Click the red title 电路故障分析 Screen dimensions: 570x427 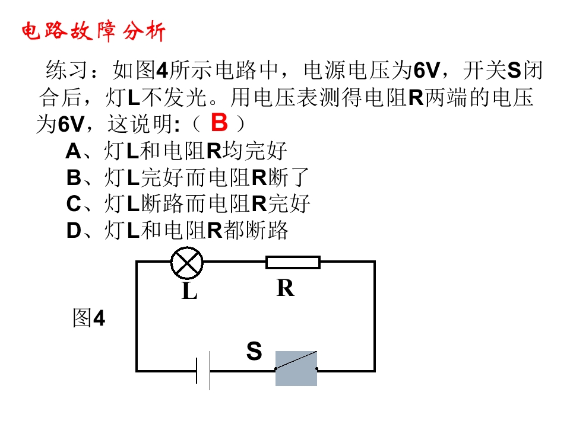[x=94, y=31]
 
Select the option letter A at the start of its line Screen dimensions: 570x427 [x=74, y=151]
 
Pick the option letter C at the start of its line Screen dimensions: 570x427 [x=74, y=203]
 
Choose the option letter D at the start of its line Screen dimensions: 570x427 [x=74, y=231]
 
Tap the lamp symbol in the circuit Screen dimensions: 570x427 [x=187, y=263]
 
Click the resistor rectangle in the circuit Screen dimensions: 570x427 [x=293, y=262]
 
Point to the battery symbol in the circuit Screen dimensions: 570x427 [x=203, y=371]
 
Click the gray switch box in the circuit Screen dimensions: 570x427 [x=296, y=368]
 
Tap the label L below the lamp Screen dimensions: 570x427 [x=189, y=291]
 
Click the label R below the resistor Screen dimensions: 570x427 [x=286, y=288]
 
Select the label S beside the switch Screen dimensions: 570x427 [x=254, y=350]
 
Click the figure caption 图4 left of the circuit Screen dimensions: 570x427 [x=88, y=318]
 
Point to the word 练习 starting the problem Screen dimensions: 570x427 [x=66, y=70]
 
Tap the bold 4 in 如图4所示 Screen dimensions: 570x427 [x=162, y=70]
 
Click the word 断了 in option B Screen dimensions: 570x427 [x=289, y=177]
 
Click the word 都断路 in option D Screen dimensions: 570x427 [x=256, y=231]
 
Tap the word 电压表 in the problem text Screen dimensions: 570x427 [x=286, y=97]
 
